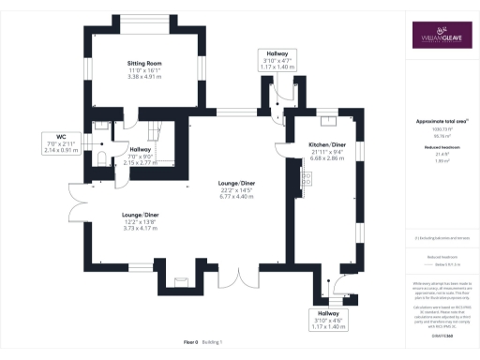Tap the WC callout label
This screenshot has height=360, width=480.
[57, 144]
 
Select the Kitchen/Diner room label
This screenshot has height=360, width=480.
[327, 146]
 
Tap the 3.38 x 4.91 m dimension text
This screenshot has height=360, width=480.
[144, 76]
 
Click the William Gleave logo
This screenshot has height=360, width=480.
[438, 38]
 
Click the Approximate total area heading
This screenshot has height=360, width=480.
[438, 122]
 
